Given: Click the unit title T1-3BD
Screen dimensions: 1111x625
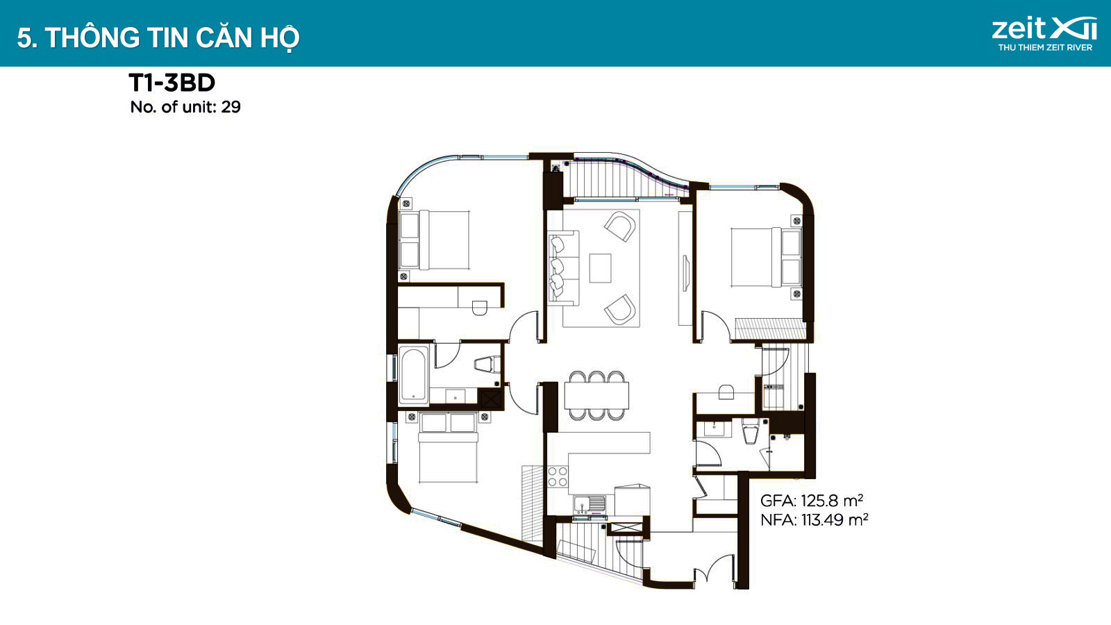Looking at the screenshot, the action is click(x=172, y=83).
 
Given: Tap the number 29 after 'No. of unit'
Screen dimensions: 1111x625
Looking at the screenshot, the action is click(x=231, y=107).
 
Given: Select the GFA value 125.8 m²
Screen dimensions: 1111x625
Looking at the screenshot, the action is click(x=832, y=501).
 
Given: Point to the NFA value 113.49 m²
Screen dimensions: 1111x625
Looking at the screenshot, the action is click(x=835, y=519).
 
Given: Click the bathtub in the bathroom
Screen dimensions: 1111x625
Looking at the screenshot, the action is click(x=414, y=374).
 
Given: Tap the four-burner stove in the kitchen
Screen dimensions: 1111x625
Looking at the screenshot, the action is click(x=558, y=476).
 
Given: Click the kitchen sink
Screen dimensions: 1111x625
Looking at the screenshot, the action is click(x=590, y=504).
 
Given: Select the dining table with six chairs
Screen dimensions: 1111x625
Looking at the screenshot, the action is click(x=596, y=395).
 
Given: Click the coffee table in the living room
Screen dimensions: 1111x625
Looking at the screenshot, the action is click(x=600, y=268).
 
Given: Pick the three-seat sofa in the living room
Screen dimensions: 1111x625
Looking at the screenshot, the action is click(x=563, y=268).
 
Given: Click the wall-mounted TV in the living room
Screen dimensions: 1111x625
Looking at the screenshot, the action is click(x=685, y=273).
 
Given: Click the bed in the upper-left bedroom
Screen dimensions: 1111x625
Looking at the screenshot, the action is click(x=435, y=240).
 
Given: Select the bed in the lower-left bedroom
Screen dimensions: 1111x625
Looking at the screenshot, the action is click(x=448, y=447).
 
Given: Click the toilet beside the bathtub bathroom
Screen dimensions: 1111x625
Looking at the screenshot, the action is click(x=487, y=365).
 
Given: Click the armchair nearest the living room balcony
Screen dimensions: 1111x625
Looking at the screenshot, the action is click(x=620, y=226).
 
